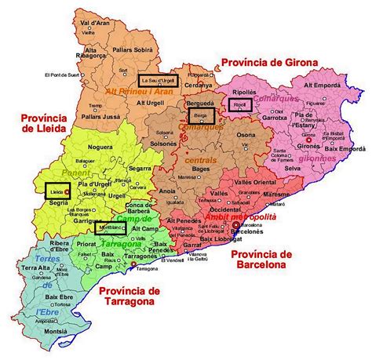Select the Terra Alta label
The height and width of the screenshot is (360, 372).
pyautogui.click(x=35, y=268)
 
